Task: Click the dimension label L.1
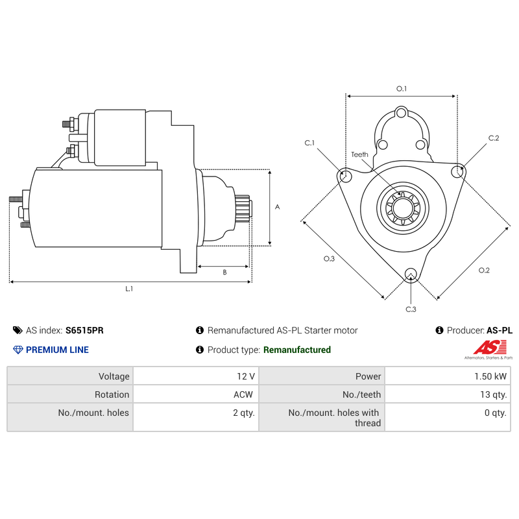click(129, 289)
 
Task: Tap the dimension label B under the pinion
click(224, 272)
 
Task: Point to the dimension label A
click(278, 207)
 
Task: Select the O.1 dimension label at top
click(402, 89)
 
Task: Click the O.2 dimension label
click(484, 271)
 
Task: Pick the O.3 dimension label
click(329, 259)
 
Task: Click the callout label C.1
click(309, 143)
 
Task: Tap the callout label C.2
click(494, 138)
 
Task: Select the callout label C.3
click(411, 309)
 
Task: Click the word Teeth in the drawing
click(359, 154)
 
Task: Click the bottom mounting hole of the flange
click(411, 274)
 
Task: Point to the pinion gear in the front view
click(403, 208)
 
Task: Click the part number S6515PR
click(84, 330)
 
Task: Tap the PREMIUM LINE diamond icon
click(18, 350)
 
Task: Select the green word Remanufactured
click(297, 350)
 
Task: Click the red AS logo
click(490, 348)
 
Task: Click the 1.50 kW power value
click(490, 376)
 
